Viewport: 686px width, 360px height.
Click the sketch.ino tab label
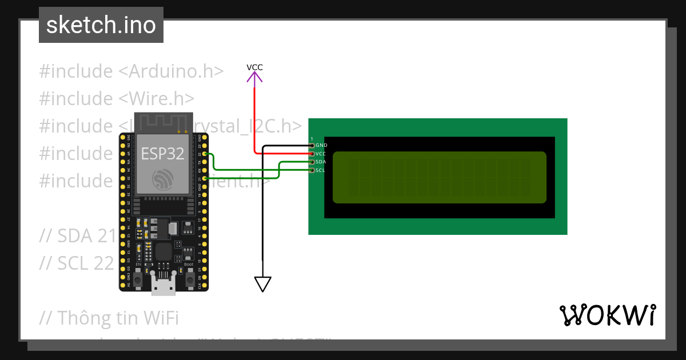(x=101, y=25)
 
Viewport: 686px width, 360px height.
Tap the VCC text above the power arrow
(x=254, y=67)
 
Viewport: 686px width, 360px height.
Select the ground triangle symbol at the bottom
(x=262, y=283)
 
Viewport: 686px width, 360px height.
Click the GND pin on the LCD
(x=312, y=146)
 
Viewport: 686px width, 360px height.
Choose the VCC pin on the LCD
(x=312, y=154)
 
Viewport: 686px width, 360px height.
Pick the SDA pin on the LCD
(x=312, y=162)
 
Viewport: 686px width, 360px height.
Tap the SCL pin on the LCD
(x=312, y=170)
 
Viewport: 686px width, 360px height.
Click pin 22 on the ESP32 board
(x=205, y=154)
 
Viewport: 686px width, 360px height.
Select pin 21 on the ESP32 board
(x=205, y=179)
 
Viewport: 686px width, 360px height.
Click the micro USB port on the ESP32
(x=163, y=286)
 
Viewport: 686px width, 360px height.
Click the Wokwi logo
(x=608, y=315)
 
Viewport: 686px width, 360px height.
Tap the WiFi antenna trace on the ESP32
(x=163, y=122)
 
